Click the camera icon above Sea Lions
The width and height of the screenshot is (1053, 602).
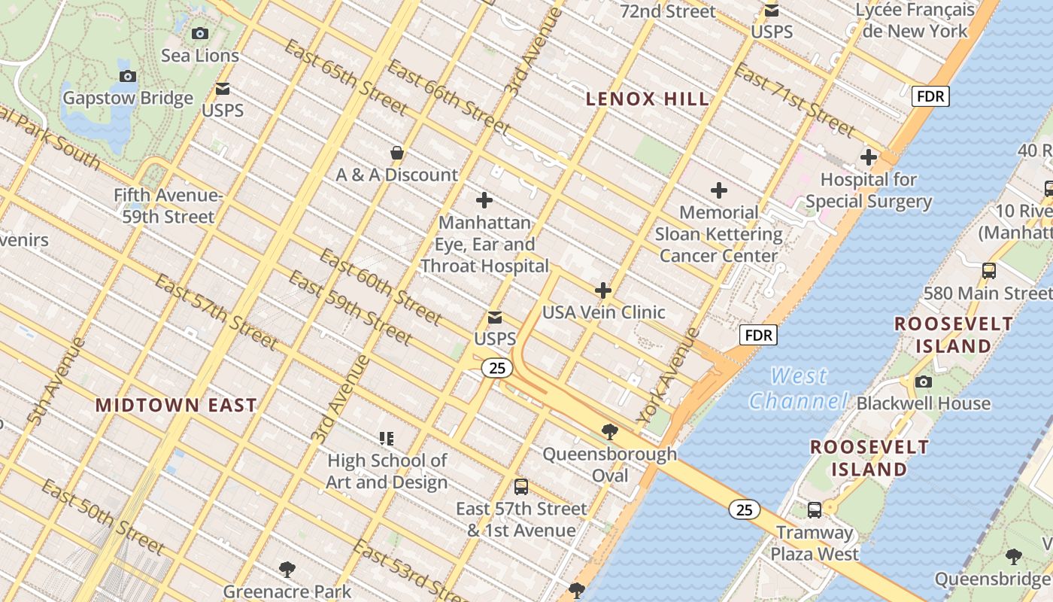pyautogui.click(x=199, y=33)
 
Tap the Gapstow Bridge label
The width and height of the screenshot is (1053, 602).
pyautogui.click(x=128, y=98)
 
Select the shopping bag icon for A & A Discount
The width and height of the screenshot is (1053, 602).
pyautogui.click(x=397, y=153)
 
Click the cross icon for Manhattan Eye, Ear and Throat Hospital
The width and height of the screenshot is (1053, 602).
pyautogui.click(x=484, y=200)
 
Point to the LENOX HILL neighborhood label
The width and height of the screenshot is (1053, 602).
pyautogui.click(x=647, y=99)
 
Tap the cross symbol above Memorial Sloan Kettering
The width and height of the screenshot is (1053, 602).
pyautogui.click(x=719, y=190)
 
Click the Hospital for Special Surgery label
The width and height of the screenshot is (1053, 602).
pyautogui.click(x=868, y=190)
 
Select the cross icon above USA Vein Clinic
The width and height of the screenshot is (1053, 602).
pyautogui.click(x=603, y=290)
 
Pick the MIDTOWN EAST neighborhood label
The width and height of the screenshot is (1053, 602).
pyautogui.click(x=176, y=405)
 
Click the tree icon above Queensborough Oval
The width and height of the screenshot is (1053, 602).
pyautogui.click(x=609, y=432)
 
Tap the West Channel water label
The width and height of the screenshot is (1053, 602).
pyautogui.click(x=798, y=388)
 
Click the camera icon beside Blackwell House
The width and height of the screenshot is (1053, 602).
pyautogui.click(x=923, y=382)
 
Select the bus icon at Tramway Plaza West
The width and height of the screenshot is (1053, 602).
pyautogui.click(x=814, y=510)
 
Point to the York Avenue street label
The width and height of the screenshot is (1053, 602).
pyautogui.click(x=668, y=375)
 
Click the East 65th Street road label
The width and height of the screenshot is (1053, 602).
pyautogui.click(x=346, y=78)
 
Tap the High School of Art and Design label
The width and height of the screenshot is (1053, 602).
pyautogui.click(x=387, y=471)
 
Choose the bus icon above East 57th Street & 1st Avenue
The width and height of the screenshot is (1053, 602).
pyautogui.click(x=520, y=487)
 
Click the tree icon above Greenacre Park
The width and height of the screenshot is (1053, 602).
pyautogui.click(x=287, y=569)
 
